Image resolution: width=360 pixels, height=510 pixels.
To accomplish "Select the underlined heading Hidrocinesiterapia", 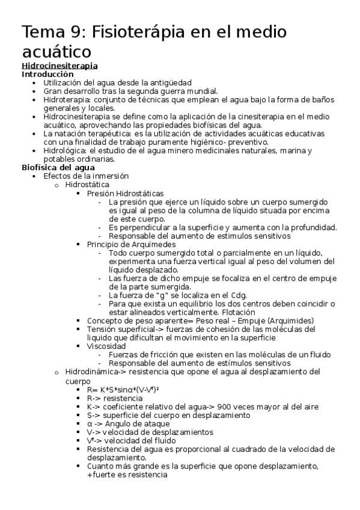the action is (59, 65).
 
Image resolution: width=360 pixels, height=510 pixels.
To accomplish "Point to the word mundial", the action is (198, 91).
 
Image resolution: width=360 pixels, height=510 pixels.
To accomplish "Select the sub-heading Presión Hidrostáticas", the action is (125, 193).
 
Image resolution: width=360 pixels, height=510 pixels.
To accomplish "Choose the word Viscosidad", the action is (106, 346).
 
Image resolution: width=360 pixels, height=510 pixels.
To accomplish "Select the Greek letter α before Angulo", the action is (90, 423).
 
